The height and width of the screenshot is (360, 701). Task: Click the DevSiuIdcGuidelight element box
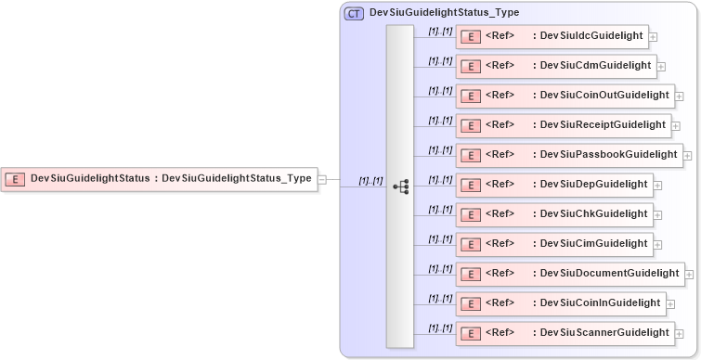pos(552,36)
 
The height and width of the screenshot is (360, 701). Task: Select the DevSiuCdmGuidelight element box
pos(555,66)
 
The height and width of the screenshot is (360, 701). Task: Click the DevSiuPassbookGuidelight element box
pos(568,155)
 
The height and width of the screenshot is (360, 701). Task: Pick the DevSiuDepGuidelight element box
pos(553,185)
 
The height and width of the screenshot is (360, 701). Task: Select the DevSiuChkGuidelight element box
pos(553,214)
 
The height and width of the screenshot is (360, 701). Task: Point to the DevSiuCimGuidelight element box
pos(553,244)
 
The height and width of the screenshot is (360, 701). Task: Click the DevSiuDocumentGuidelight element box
pos(570,274)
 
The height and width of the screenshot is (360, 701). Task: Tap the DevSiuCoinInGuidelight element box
pos(560,303)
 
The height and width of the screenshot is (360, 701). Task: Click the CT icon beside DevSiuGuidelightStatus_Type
pos(354,14)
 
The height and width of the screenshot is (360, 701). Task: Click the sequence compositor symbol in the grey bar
pos(400,186)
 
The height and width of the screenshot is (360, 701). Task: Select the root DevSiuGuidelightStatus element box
pos(159,178)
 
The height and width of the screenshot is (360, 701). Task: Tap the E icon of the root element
pos(15,179)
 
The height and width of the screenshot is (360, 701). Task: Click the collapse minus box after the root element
pos(322,179)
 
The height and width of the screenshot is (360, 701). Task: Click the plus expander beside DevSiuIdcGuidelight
pos(654,37)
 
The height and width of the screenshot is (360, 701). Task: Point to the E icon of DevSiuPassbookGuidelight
pos(471,155)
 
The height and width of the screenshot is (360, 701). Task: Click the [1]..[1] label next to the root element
pos(370,181)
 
